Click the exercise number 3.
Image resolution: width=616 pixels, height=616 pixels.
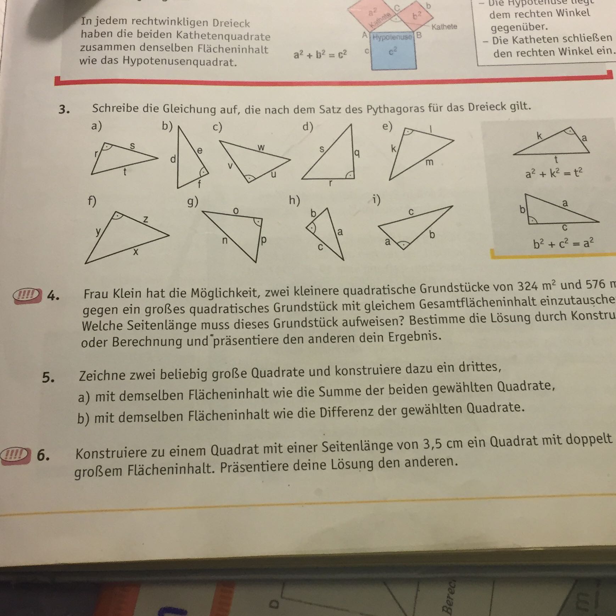tap(64, 109)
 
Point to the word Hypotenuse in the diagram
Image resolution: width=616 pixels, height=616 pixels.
tap(392, 37)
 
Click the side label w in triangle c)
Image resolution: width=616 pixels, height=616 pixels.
tap(261, 147)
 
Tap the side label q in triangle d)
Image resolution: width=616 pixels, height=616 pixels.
tap(357, 153)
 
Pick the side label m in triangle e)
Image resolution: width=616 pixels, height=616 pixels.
tap(429, 162)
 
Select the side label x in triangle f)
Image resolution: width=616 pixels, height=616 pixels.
tap(135, 252)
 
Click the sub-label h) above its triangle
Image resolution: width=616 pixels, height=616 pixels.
tap(294, 200)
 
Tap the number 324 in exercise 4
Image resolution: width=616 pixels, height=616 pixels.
tap(528, 286)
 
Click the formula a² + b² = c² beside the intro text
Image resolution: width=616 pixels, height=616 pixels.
tap(320, 55)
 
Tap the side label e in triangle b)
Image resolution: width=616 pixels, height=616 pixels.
tap(200, 150)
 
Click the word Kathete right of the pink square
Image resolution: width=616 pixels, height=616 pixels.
tap(444, 27)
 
